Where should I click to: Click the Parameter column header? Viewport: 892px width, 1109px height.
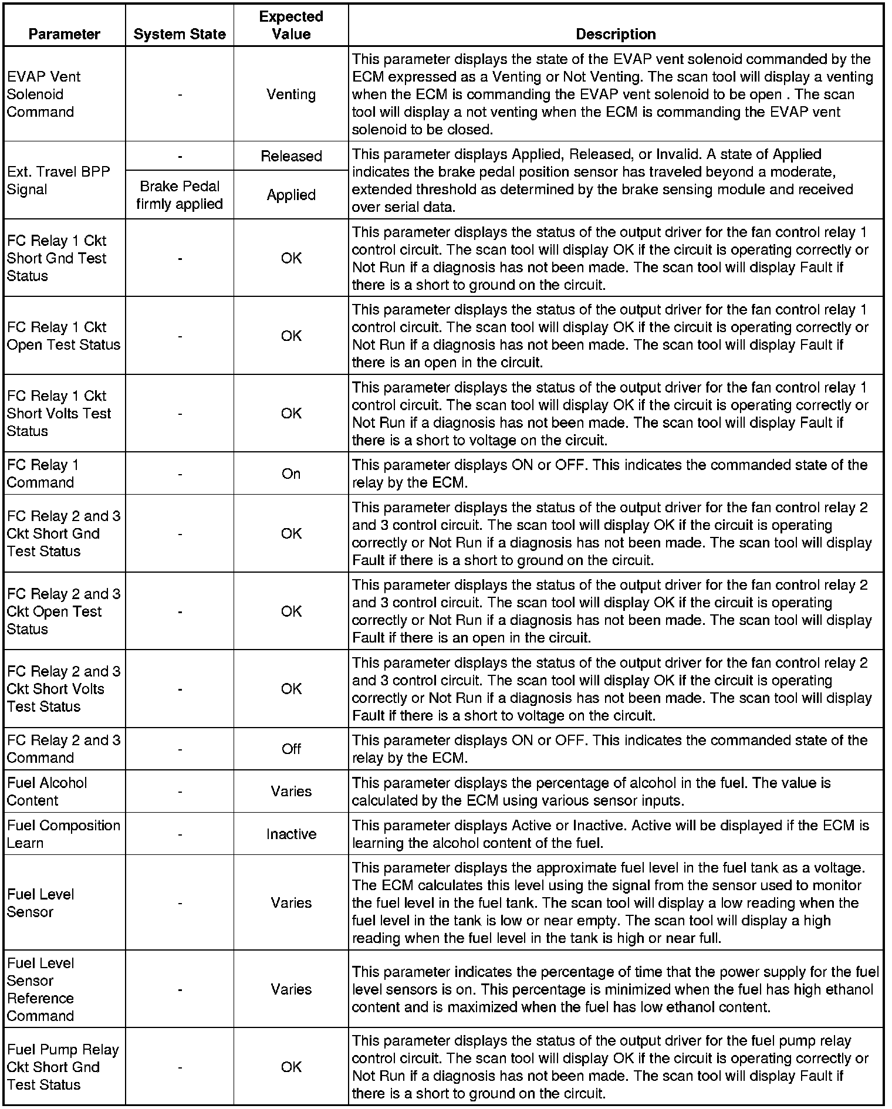[64, 34]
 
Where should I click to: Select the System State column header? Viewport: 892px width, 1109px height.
[180, 34]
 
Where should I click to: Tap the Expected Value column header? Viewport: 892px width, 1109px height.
[291, 25]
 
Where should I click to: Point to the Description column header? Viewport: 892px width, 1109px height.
[616, 34]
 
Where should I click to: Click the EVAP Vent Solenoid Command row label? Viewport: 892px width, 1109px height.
[43, 94]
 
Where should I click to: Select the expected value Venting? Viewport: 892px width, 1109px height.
[291, 94]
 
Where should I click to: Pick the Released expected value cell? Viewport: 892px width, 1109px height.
[291, 156]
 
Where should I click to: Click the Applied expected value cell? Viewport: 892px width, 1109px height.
[291, 195]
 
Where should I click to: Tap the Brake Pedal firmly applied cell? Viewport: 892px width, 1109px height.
[180, 195]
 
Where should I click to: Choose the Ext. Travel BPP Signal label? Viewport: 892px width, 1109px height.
[58, 181]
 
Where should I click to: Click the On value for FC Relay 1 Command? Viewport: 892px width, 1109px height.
[291, 474]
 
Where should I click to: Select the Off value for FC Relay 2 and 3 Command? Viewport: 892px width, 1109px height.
[291, 749]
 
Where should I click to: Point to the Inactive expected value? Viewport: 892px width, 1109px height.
[291, 834]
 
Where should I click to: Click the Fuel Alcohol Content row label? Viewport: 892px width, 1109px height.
[47, 792]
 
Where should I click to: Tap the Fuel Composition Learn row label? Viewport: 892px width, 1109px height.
[63, 834]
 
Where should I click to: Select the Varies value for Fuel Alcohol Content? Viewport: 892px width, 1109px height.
[291, 792]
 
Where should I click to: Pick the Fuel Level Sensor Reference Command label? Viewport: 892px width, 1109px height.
[40, 989]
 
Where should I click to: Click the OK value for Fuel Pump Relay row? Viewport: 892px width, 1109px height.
[291, 1067]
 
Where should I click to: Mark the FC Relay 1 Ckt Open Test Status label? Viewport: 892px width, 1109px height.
[63, 336]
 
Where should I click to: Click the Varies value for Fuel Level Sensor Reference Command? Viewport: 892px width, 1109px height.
[291, 989]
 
